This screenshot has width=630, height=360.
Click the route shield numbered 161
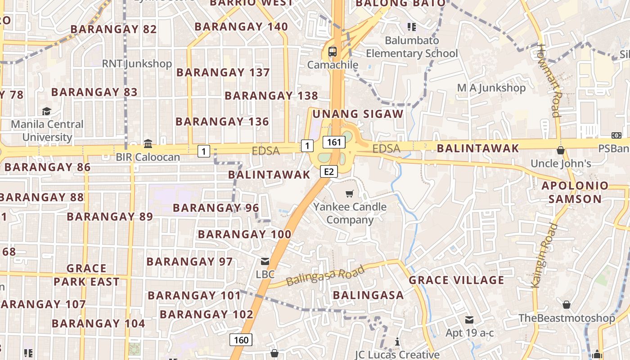coord(334,142)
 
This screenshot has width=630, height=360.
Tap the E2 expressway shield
coord(329,171)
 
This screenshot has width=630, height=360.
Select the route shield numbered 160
coord(241,340)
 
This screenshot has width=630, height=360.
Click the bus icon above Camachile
coord(333,52)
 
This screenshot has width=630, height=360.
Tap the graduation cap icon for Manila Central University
coord(46,111)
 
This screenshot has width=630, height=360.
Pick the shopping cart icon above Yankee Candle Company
coord(349,194)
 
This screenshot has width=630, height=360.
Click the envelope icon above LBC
coord(265,261)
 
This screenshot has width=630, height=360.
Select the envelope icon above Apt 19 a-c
coord(469,320)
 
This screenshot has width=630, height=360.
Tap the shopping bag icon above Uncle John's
coord(561,150)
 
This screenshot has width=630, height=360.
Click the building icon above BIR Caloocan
coord(148,144)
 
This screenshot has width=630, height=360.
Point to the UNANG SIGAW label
coord(358,114)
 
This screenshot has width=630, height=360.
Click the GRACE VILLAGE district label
coord(456,280)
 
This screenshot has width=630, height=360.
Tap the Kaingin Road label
coord(543,255)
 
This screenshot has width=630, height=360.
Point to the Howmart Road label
coord(549,81)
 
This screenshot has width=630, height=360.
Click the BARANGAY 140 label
coord(241,27)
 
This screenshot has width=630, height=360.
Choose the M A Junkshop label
coord(491,88)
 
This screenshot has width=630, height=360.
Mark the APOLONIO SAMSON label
coord(575,192)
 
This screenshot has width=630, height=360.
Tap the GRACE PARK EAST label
coord(86,275)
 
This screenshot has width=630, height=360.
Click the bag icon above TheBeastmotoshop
coord(566,305)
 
